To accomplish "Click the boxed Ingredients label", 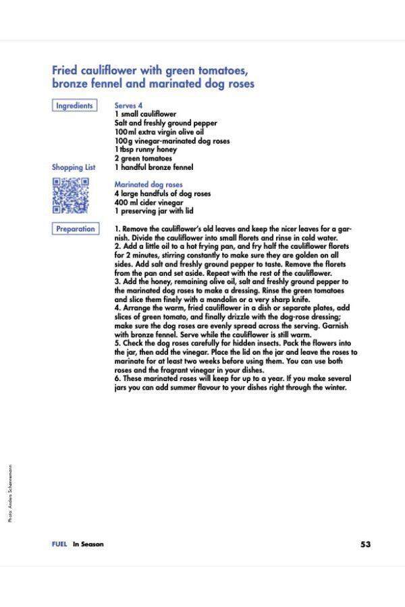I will point(74,106).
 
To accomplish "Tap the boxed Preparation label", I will point(75,229).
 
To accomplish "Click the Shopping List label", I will point(74,167).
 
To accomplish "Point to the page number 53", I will point(366,544).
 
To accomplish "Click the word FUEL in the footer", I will point(59,544).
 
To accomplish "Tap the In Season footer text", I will point(88,544).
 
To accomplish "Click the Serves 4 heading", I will point(128,106).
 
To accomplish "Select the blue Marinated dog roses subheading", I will point(148,184).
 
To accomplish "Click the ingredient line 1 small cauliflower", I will point(145,115).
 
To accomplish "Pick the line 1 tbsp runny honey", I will point(145,150).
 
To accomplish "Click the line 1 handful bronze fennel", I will point(154,167).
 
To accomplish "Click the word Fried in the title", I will point(65,70).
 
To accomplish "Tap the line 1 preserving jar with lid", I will point(155,211).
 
